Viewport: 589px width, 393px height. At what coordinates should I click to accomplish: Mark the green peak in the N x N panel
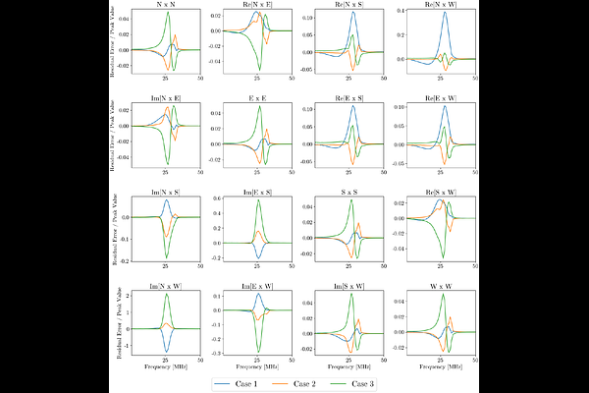(x=168, y=14)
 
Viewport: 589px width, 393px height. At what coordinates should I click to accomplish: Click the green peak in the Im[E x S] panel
(x=259, y=201)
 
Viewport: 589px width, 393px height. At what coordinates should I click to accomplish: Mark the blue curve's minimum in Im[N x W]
(x=168, y=352)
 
